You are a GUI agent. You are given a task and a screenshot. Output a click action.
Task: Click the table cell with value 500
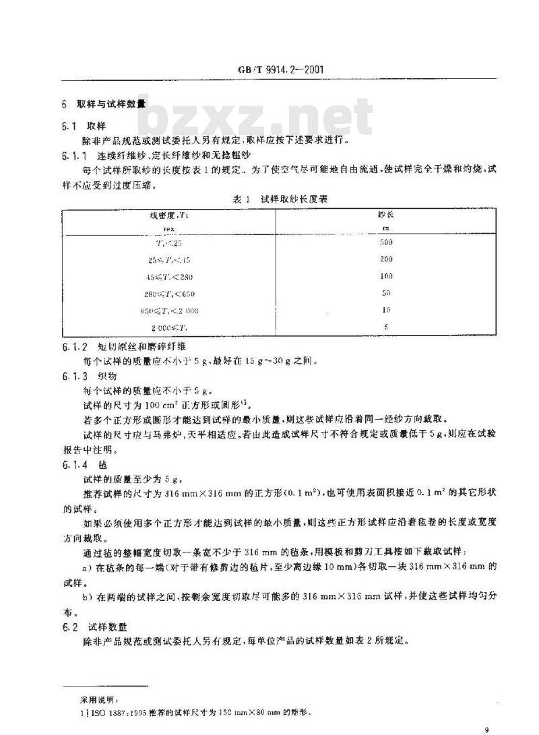[x=385, y=242]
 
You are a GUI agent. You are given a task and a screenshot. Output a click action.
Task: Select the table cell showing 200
[x=385, y=259]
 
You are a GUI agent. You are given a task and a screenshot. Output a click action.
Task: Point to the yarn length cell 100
[x=385, y=276]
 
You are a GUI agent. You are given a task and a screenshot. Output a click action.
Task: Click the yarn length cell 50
[x=385, y=294]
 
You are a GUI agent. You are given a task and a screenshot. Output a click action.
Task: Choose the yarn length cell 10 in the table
[x=385, y=311]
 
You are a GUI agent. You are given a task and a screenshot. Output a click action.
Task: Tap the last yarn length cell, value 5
[x=385, y=328]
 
